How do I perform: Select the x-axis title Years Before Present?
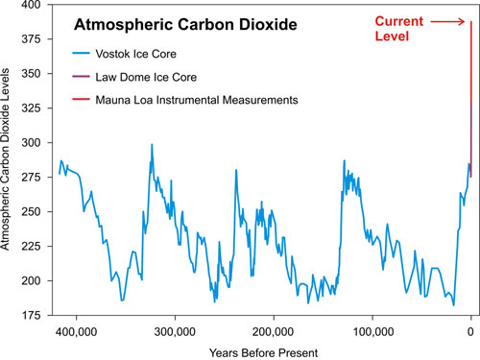(264, 351)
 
